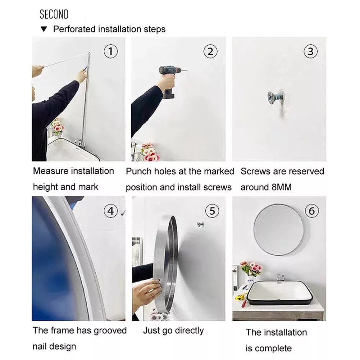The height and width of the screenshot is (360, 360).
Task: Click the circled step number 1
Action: click(111, 51)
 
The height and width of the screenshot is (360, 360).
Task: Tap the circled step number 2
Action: click(210, 51)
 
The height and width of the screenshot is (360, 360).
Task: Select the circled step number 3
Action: click(310, 51)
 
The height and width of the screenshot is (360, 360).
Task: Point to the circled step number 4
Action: click(111, 211)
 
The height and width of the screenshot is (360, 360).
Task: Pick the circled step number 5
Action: click(212, 211)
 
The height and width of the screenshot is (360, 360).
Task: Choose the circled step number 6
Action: click(312, 211)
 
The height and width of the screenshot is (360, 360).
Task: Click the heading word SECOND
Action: click(54, 14)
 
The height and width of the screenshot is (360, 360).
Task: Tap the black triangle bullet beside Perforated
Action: click(44, 29)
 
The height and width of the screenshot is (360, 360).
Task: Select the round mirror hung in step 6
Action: click(279, 230)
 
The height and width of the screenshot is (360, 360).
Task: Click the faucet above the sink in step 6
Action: click(280, 277)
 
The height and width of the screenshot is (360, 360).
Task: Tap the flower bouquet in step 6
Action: click(251, 268)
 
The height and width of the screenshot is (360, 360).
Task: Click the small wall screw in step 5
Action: click(200, 224)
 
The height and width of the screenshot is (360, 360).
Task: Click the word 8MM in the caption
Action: click(282, 187)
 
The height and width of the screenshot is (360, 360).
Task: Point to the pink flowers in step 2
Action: click(150, 151)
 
